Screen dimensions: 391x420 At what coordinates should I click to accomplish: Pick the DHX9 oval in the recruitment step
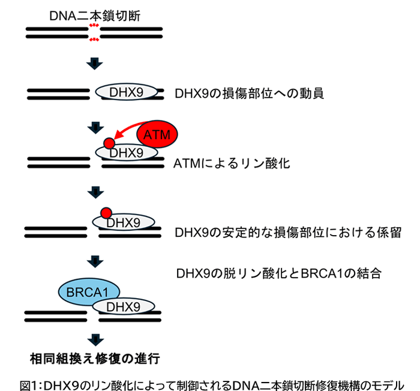point(127,92)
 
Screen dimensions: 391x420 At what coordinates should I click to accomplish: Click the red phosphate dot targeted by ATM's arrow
point(109,143)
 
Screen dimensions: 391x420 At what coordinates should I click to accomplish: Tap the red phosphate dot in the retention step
point(106,212)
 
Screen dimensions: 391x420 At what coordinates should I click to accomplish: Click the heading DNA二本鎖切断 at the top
point(95,16)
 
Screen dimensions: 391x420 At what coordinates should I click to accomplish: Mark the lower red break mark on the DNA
point(94,40)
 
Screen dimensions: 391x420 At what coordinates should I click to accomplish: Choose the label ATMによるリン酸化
point(231,163)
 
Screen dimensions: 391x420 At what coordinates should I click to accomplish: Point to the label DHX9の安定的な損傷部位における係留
point(284,232)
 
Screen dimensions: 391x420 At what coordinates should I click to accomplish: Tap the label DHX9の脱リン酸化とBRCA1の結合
point(279,273)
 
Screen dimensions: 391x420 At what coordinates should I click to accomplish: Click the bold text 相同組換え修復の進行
point(95,359)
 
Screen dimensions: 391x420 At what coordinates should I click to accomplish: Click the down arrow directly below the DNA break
point(95,63)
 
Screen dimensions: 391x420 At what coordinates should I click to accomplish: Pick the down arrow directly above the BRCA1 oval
point(95,260)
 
